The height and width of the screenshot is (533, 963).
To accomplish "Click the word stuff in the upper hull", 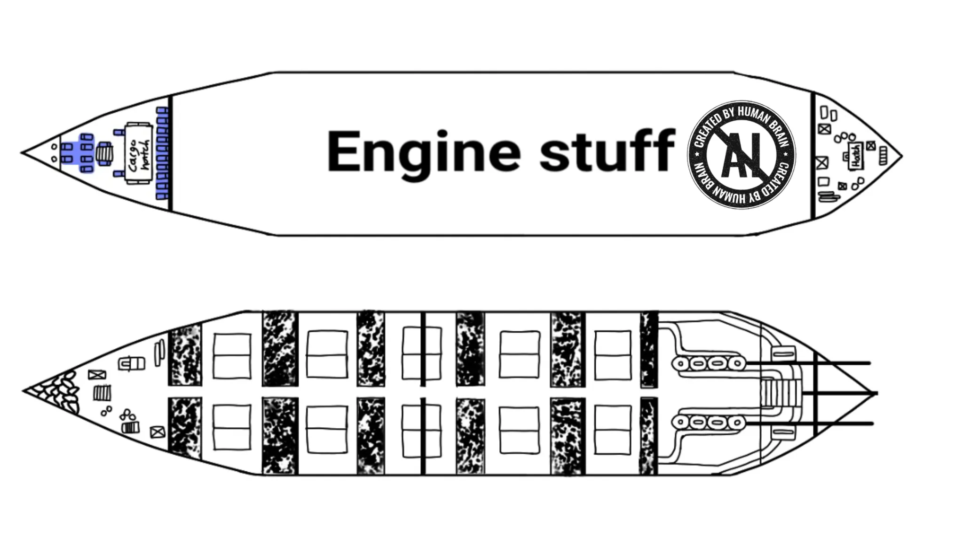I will click(607, 151).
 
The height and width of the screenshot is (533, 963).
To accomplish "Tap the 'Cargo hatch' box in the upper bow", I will click(139, 153).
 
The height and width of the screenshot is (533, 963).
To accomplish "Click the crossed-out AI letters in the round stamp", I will click(742, 155).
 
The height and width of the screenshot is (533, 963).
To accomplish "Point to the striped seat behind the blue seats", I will click(104, 154).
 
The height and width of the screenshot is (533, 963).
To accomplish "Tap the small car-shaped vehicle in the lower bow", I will click(131, 363).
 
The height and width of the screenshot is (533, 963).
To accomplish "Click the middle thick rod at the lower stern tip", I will click(839, 393).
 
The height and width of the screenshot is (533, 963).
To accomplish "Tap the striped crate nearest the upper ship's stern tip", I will click(883, 156).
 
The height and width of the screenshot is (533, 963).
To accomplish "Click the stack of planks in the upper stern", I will click(828, 196).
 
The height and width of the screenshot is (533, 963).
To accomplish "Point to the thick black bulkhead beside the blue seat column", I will click(170, 153).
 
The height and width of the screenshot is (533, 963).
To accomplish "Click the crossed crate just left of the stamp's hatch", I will click(821, 163).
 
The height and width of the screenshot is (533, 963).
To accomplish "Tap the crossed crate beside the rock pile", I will click(97, 375).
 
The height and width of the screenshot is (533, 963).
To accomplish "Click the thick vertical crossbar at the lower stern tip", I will click(816, 393).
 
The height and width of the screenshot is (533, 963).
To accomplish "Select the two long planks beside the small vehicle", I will click(159, 353).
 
